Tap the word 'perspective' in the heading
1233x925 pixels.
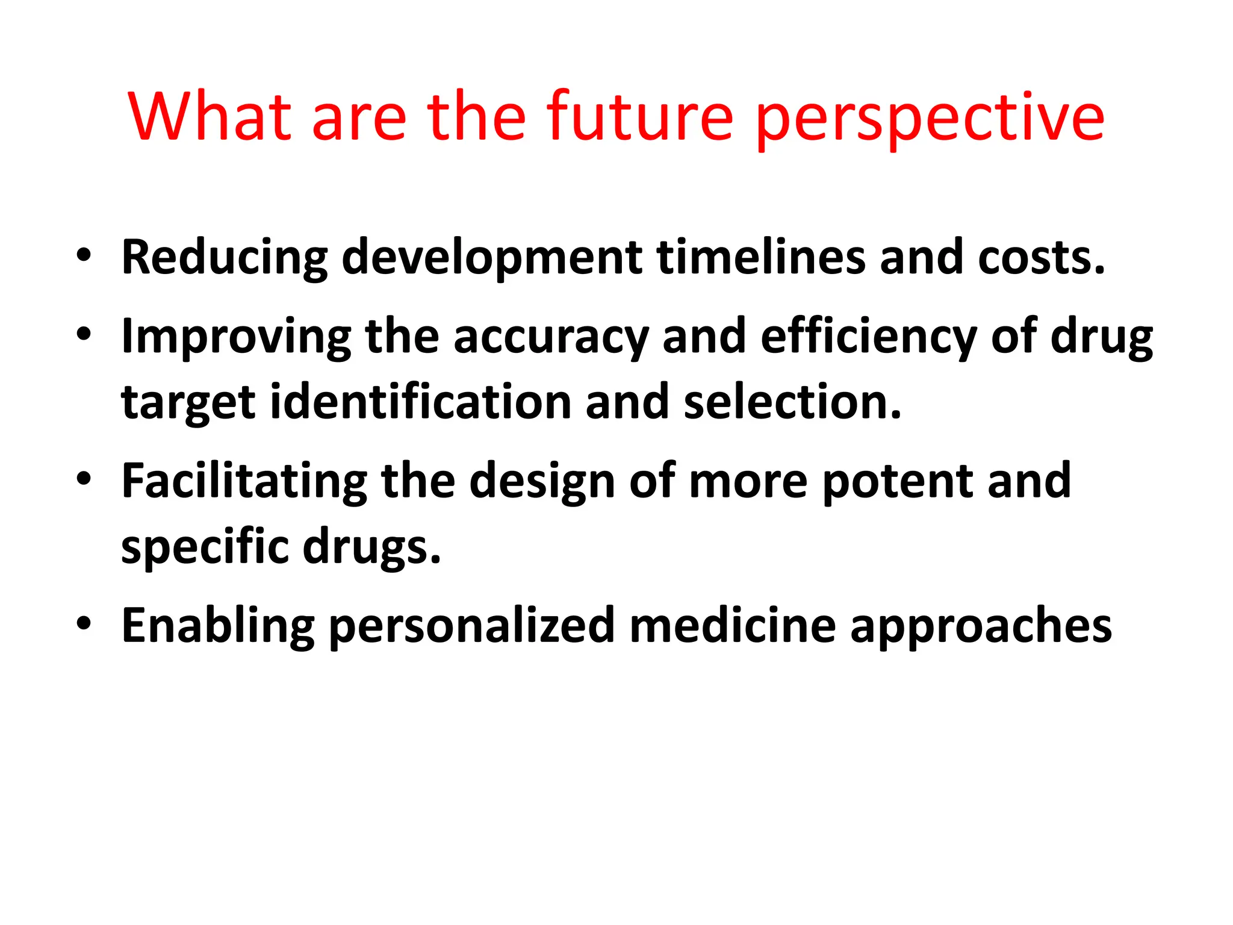930,119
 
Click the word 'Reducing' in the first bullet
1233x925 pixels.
224,258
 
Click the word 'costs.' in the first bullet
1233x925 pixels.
1041,258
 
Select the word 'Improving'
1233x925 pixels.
236,337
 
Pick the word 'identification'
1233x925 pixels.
420,402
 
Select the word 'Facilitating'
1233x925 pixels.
244,482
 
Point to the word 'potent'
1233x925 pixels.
897,482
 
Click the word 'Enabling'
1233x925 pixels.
218,626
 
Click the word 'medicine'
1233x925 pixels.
732,626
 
